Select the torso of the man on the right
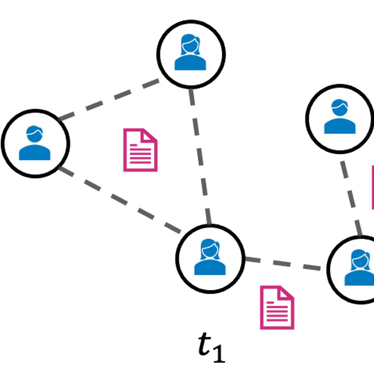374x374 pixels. pyautogui.click(x=339, y=126)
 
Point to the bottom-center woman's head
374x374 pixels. pyautogui.click(x=210, y=249)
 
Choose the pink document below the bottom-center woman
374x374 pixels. pyautogui.click(x=277, y=308)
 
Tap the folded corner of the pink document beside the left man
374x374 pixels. pyautogui.click(x=152, y=135)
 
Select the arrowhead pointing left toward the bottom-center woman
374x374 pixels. pyautogui.click(x=252, y=260)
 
